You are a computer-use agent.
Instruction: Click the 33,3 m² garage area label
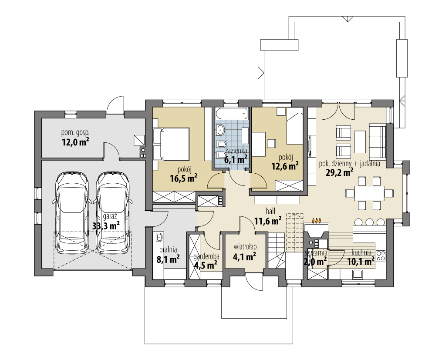pyautogui.click(x=106, y=225)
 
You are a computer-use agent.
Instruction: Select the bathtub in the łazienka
pyautogui.click(x=232, y=114)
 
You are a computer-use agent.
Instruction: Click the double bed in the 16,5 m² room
pyautogui.click(x=171, y=144)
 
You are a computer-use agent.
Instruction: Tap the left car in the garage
pyautogui.click(x=72, y=213)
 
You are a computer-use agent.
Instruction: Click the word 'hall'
pyautogui.click(x=270, y=211)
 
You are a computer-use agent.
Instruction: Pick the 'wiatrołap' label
pyautogui.click(x=245, y=247)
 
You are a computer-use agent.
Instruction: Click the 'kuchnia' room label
pyautogui.click(x=361, y=252)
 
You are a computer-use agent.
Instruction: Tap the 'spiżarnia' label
pyautogui.click(x=316, y=252)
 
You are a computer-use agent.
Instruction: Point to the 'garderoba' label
pyautogui.click(x=206, y=257)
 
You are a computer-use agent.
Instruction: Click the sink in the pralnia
pyautogui.click(x=159, y=238)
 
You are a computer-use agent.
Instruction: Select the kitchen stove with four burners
pyautogui.click(x=381, y=256)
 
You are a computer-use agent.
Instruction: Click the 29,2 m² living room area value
pyautogui.click(x=340, y=172)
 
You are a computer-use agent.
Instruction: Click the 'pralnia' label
pyautogui.click(x=168, y=249)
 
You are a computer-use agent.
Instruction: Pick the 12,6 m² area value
pyautogui.click(x=285, y=166)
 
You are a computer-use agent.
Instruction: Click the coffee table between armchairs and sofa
pyautogui.click(x=359, y=141)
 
